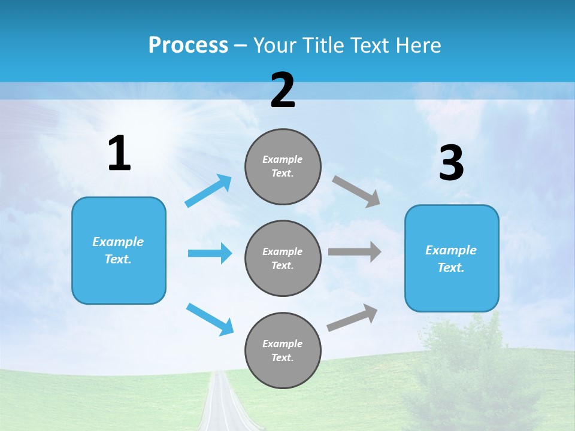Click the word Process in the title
pyautogui.click(x=188, y=45)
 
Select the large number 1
pyautogui.click(x=119, y=153)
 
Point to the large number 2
pyautogui.click(x=283, y=90)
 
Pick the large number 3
pyautogui.click(x=452, y=162)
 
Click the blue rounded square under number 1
pyautogui.click(x=119, y=251)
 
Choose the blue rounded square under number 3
pyautogui.click(x=452, y=259)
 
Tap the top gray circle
pyautogui.click(x=283, y=166)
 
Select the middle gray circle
pyautogui.click(x=283, y=259)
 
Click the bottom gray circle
pyautogui.click(x=283, y=351)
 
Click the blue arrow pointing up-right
pyautogui.click(x=208, y=190)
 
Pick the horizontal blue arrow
pyautogui.click(x=210, y=253)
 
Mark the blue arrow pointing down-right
pyautogui.click(x=210, y=319)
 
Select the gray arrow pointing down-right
pyautogui.click(x=356, y=192)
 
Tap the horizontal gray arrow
pyautogui.click(x=355, y=252)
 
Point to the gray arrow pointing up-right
pyautogui.click(x=352, y=317)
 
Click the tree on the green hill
pyautogui.click(x=470, y=370)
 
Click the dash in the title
pyautogui.click(x=240, y=47)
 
